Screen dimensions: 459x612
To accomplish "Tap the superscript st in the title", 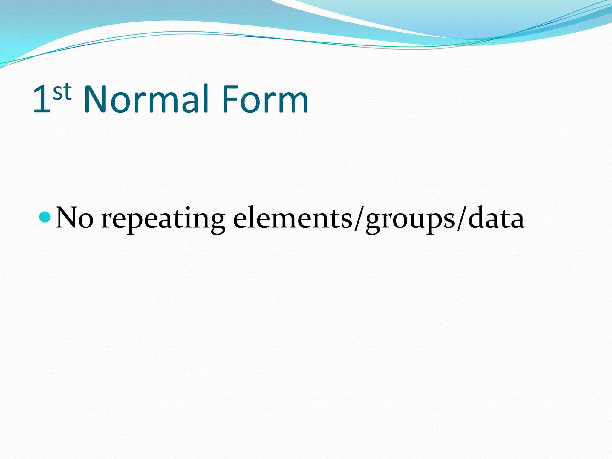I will click(x=62, y=92).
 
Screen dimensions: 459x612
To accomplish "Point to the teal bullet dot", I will click(x=45, y=217).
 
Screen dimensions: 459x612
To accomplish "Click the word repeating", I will click(x=163, y=220).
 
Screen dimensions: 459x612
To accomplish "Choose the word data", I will click(x=496, y=218).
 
